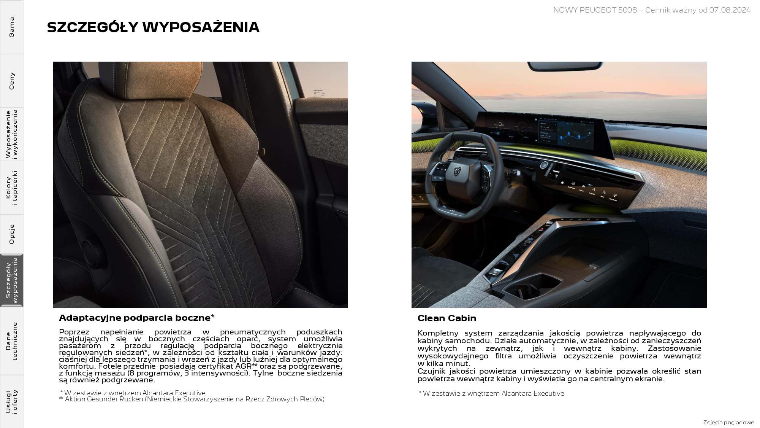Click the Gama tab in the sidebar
11,27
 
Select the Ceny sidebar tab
11,81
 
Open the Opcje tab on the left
11,234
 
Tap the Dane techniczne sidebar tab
11,341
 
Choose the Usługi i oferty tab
11,402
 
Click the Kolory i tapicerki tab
11,188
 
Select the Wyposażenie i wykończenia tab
11,134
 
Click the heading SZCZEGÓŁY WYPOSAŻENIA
153,27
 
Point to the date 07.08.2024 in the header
730,10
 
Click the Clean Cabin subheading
446,318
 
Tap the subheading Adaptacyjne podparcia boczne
135,318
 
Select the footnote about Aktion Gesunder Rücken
192,399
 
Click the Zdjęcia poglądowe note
728,422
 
